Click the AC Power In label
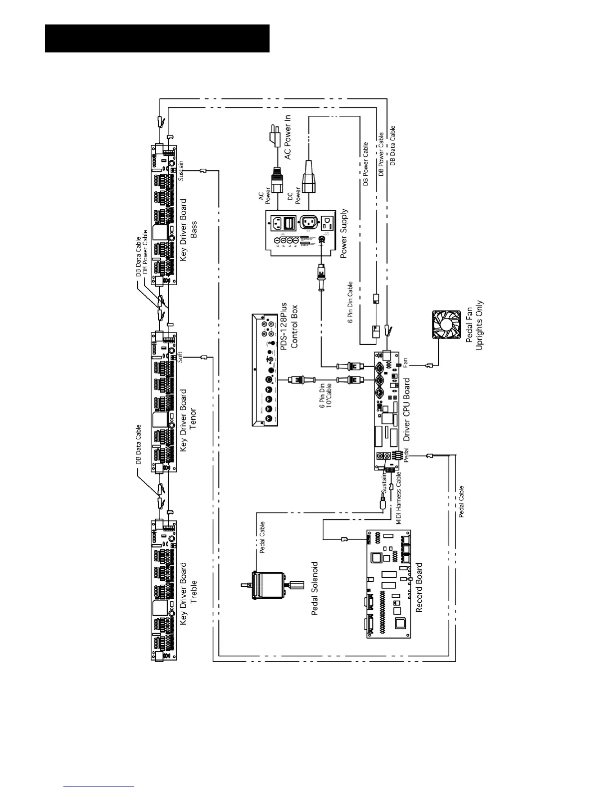coord(287,137)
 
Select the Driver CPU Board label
coord(406,408)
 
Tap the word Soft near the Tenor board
coord(181,357)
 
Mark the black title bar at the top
coord(157,38)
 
